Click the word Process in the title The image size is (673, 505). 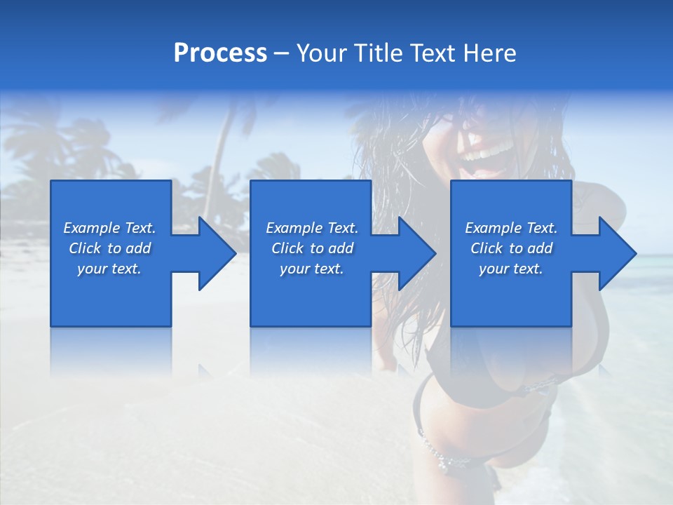(220, 53)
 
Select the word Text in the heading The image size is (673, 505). (433, 53)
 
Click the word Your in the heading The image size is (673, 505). (322, 53)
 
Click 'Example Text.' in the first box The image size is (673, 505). (109, 228)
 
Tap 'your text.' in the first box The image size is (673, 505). (109, 269)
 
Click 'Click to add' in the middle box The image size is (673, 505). (312, 248)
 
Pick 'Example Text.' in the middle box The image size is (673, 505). (312, 228)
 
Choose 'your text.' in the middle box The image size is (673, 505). (312, 269)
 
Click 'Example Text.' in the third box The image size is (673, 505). (511, 228)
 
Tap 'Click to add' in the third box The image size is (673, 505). (511, 248)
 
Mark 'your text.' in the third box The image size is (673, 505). (511, 269)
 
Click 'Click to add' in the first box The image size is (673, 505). (109, 248)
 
